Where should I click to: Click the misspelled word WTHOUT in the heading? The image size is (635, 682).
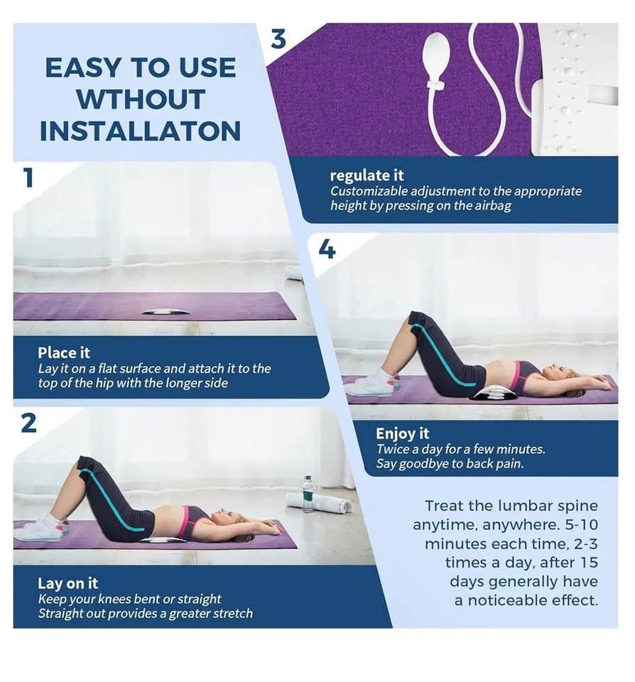141,99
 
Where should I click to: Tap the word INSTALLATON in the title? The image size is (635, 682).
140,131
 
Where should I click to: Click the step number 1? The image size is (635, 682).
28,178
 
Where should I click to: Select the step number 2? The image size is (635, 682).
28,423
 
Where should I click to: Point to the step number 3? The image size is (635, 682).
278,38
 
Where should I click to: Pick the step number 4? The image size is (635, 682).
327,249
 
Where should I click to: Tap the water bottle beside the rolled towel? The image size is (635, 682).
308,494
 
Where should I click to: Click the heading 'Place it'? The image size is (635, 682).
64,352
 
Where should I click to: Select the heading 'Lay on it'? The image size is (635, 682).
68,583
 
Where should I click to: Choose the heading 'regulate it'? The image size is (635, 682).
367,175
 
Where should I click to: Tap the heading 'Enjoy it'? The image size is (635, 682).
402,433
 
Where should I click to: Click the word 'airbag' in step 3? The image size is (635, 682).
493,205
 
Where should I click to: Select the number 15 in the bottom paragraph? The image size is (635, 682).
589,563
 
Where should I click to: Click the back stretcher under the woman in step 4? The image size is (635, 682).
492,394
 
